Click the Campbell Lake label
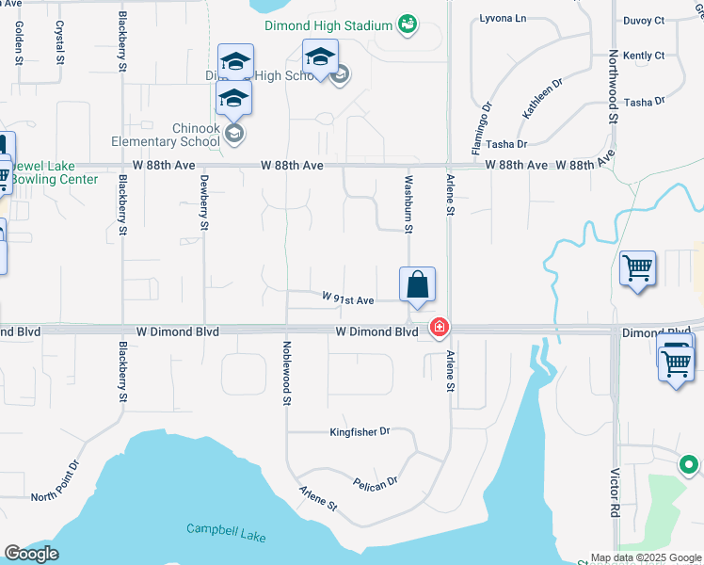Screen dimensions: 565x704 (226, 534)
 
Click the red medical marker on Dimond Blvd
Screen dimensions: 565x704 (438, 328)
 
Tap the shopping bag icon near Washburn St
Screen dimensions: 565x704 (417, 285)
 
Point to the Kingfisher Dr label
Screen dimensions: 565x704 (360, 432)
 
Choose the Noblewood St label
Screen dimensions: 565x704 (285, 373)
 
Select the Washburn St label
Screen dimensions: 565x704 (408, 202)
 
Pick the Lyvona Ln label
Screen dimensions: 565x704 (503, 18)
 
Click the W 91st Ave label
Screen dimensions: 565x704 (348, 299)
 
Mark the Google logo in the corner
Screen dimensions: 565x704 (31, 554)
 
